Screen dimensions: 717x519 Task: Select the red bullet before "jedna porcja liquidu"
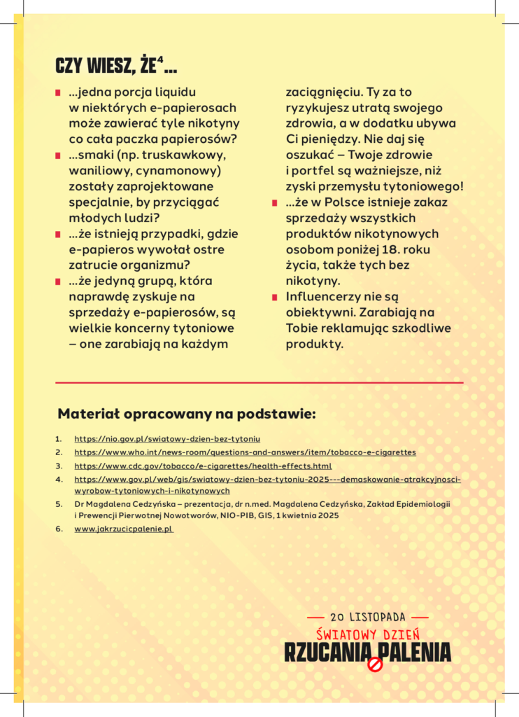click(58, 92)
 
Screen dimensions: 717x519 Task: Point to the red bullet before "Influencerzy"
click(275, 298)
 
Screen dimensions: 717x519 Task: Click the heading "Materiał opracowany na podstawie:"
click(186, 414)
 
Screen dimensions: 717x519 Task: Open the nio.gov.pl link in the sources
click(167, 439)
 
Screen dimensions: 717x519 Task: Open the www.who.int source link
click(245, 452)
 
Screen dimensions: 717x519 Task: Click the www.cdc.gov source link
click(203, 466)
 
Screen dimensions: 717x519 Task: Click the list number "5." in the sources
click(59, 503)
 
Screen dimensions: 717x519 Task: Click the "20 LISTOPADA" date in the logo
click(368, 617)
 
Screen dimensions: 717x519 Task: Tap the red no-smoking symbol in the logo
click(375, 664)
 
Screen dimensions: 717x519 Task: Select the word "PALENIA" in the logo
click(416, 653)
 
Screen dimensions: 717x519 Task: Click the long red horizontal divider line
click(259, 383)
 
